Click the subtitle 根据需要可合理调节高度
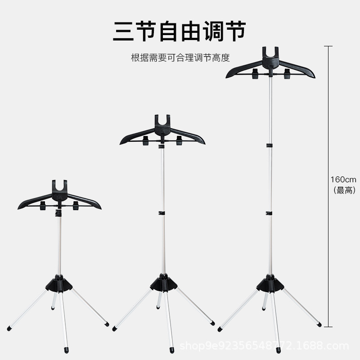pos(180,58)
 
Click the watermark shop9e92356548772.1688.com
pos(264,346)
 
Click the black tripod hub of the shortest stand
pos(59,283)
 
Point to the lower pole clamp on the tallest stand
pos(269,213)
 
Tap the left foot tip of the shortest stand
pos(9,329)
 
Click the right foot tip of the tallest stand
pos(319,324)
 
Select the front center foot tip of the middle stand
pos(172,349)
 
